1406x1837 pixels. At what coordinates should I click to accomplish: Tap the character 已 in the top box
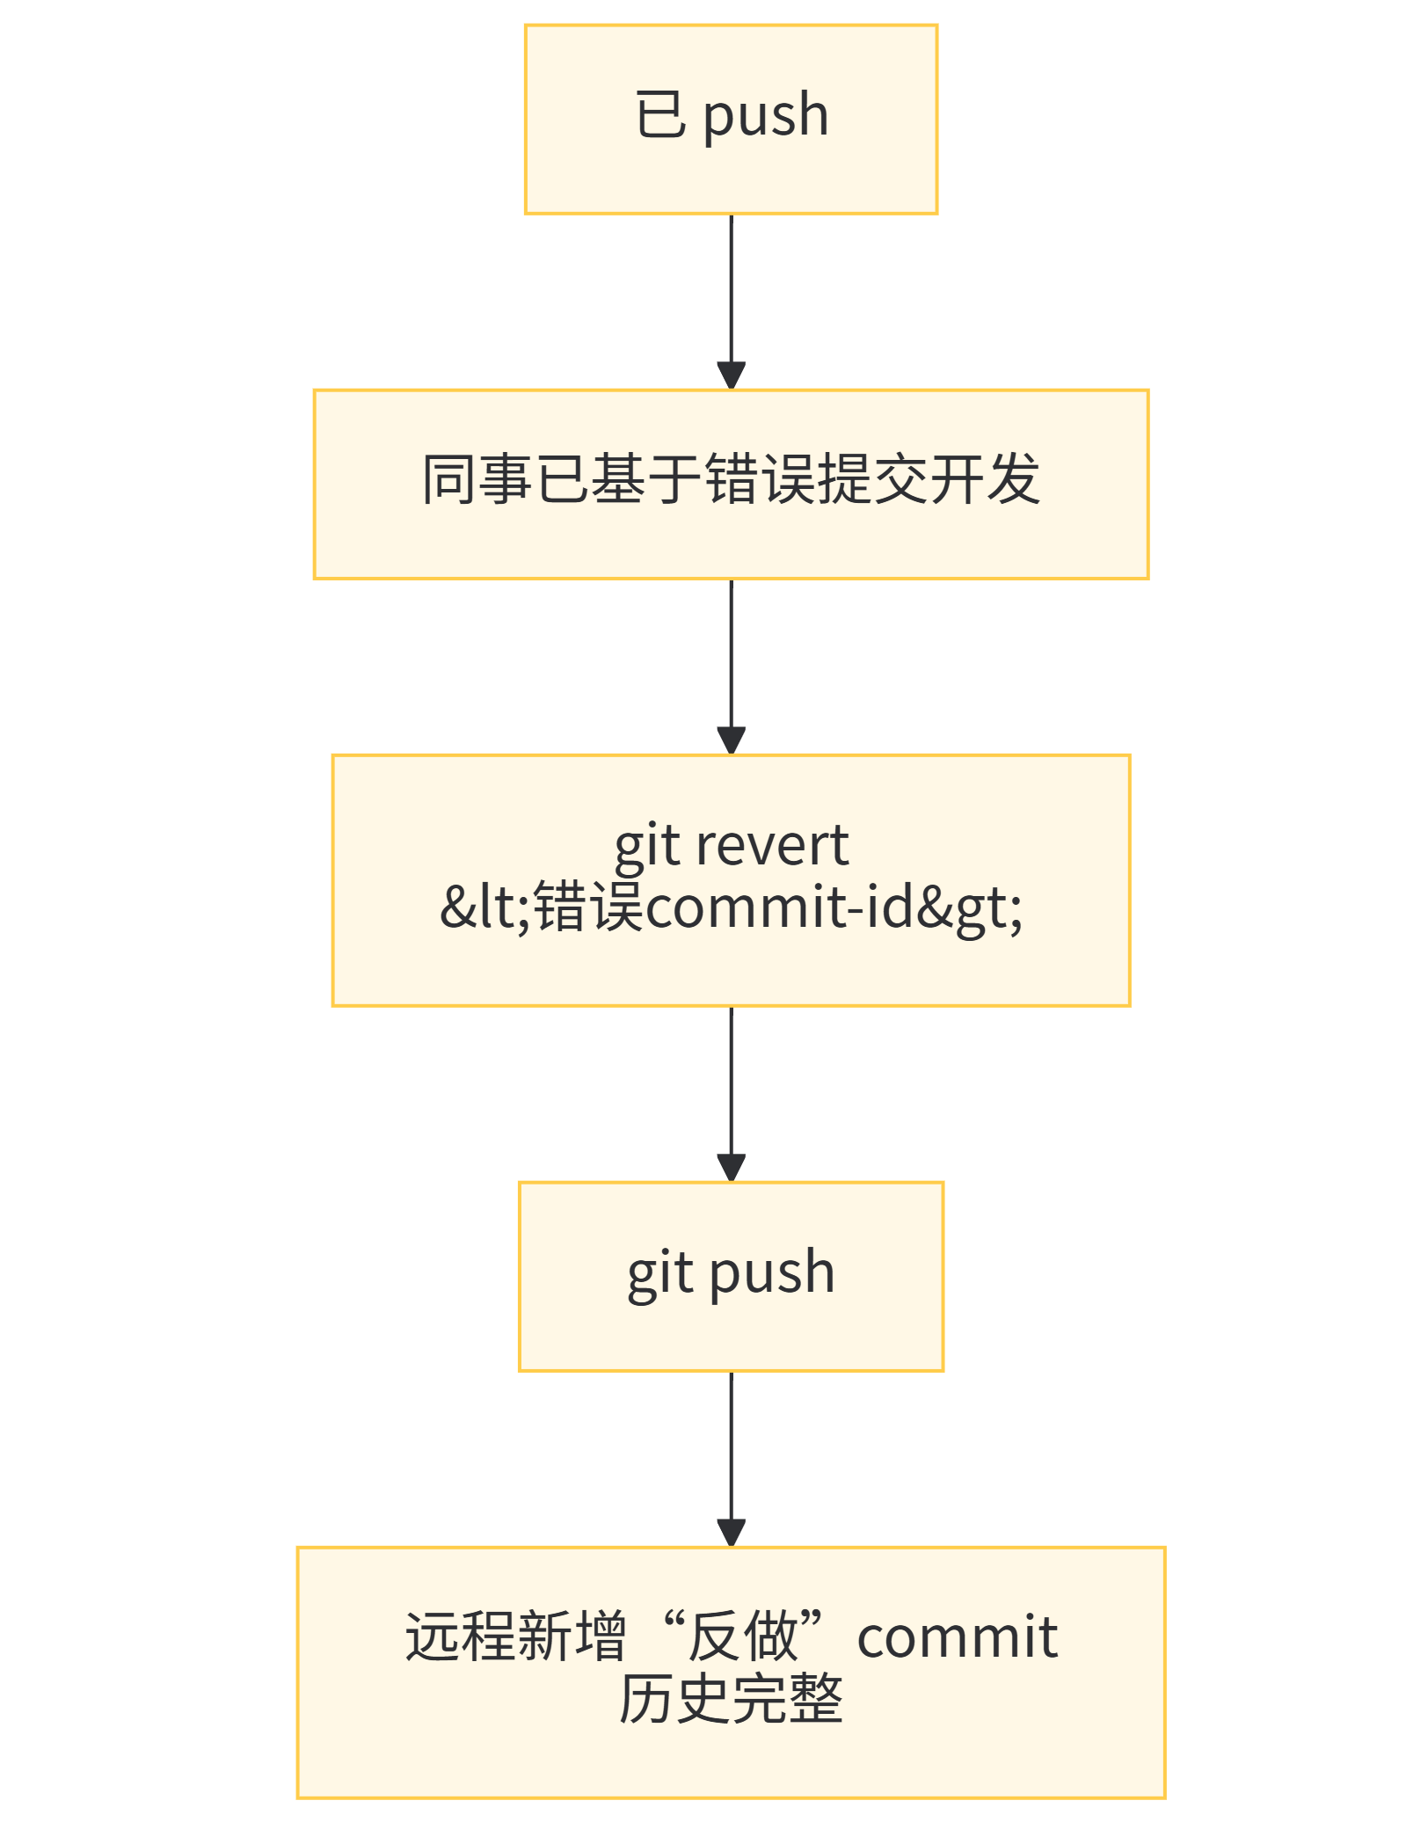[660, 115]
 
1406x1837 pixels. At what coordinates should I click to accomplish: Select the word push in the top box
[766, 117]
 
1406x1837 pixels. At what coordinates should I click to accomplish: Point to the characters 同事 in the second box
[477, 480]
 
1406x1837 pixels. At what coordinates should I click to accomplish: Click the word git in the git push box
[660, 1273]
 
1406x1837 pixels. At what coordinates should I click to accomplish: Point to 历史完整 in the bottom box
[731, 1699]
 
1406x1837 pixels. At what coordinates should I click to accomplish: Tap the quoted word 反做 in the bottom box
[742, 1637]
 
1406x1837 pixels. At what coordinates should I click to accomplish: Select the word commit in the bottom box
[957, 1637]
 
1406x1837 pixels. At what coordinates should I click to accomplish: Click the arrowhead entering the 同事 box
[731, 375]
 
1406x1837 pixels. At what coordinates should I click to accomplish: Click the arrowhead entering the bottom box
[731, 1533]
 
